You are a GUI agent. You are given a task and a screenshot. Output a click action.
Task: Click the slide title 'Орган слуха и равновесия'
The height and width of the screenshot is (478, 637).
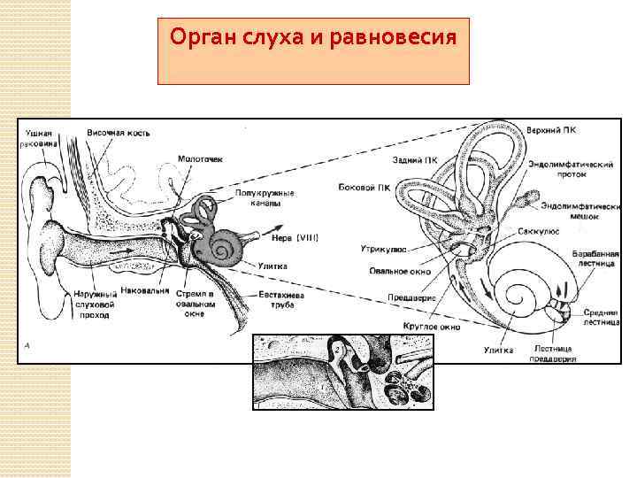(x=313, y=38)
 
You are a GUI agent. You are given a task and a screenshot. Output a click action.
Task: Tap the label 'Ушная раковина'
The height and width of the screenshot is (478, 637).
(x=41, y=138)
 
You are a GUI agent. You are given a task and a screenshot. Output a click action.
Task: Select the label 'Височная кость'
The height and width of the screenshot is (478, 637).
(x=118, y=133)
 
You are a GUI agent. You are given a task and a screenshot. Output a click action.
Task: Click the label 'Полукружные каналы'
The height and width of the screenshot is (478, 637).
(x=265, y=197)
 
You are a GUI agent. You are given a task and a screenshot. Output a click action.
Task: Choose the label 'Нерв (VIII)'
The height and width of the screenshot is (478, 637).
(x=295, y=236)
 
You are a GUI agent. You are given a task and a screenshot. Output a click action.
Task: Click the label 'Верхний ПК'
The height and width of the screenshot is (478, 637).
(x=554, y=130)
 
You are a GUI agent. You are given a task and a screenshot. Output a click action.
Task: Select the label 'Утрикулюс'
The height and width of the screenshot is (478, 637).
(x=383, y=250)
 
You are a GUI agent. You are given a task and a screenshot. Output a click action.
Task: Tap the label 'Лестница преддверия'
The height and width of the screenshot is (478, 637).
(x=553, y=354)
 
